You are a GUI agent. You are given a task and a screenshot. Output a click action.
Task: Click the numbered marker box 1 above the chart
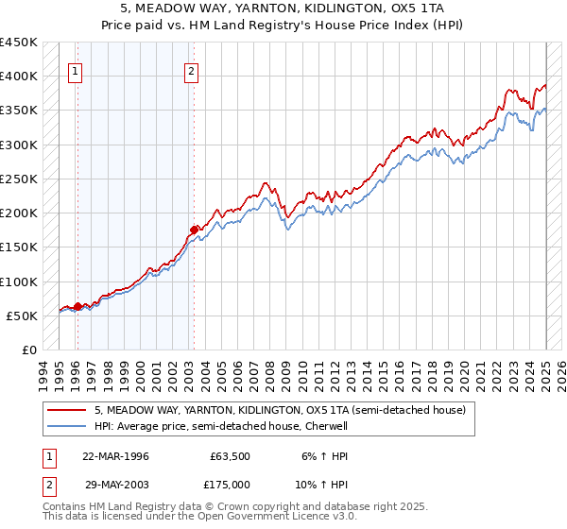[x=76, y=70]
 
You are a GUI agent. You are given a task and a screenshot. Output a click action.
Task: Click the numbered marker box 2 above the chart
[x=192, y=70]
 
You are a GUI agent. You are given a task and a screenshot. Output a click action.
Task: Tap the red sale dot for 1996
[x=77, y=305]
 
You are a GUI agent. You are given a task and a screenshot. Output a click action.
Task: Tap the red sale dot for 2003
[x=194, y=229]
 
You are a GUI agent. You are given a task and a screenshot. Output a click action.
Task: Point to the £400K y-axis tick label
[x=19, y=77]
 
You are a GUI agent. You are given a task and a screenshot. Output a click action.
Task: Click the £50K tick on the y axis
[x=23, y=316]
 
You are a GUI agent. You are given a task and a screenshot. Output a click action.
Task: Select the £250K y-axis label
[x=19, y=179]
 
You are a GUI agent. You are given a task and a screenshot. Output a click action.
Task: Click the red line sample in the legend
[x=65, y=411]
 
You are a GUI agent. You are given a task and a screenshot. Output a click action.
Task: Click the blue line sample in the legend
[x=65, y=426]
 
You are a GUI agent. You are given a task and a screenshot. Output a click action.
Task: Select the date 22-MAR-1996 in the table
[x=115, y=455]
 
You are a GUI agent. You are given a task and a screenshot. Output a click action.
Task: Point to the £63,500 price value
[x=230, y=455]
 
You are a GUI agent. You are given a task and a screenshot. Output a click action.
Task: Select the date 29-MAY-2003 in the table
[x=115, y=484]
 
